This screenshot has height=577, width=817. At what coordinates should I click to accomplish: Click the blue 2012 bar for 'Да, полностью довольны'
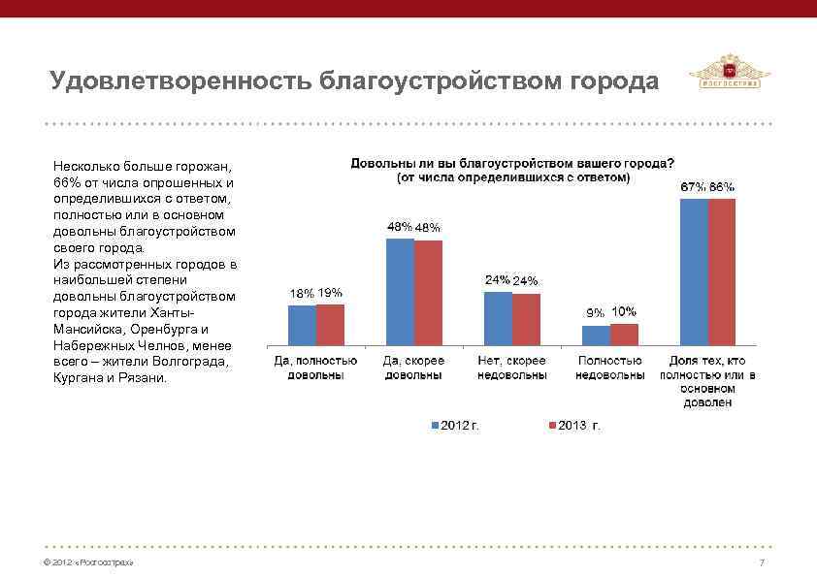pyautogui.click(x=302, y=325)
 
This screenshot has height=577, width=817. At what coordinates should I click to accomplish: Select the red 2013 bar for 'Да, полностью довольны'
pyautogui.click(x=330, y=324)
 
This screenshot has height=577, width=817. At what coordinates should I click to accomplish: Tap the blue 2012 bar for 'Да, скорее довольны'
pyautogui.click(x=400, y=291)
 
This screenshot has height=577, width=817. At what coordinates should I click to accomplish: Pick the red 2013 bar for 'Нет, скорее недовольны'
pyautogui.click(x=526, y=319)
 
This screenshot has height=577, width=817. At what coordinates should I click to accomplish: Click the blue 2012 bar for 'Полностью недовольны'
pyautogui.click(x=596, y=335)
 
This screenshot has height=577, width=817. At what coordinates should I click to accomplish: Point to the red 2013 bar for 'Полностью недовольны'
pyautogui.click(x=624, y=334)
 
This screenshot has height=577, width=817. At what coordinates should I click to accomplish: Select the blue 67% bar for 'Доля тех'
pyautogui.click(x=694, y=272)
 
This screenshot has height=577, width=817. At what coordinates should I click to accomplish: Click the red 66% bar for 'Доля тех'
pyautogui.click(x=722, y=272)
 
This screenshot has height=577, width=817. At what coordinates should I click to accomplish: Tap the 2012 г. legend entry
pyautogui.click(x=455, y=426)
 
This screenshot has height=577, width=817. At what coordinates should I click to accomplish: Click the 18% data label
pyautogui.click(x=302, y=294)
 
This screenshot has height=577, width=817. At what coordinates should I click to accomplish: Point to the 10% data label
pyautogui.click(x=624, y=311)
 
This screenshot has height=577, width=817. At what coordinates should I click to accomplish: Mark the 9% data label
pyautogui.click(x=594, y=313)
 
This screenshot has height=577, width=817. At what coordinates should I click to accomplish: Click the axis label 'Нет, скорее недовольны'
pyautogui.click(x=511, y=367)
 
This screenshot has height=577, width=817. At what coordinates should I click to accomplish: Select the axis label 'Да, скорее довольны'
pyautogui.click(x=413, y=367)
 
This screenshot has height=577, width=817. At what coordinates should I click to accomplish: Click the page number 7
pyautogui.click(x=762, y=563)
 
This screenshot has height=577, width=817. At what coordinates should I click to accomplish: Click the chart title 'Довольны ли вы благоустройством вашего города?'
pyautogui.click(x=512, y=163)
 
